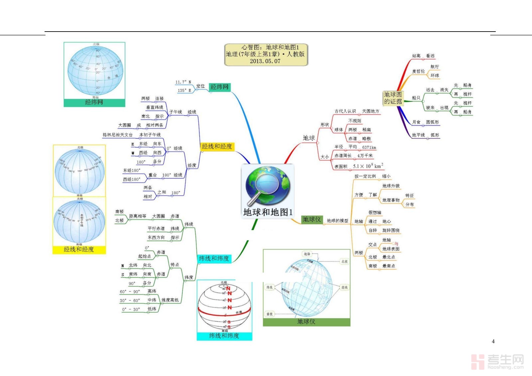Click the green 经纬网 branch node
(x=219, y=87)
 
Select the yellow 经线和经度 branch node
(x=217, y=147)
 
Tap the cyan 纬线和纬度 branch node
(x=214, y=259)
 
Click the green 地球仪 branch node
(x=312, y=219)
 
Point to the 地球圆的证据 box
(x=393, y=98)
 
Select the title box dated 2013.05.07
(x=266, y=54)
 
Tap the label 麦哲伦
(x=418, y=71)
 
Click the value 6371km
(x=369, y=147)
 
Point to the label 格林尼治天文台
(x=117, y=135)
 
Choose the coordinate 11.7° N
(x=183, y=82)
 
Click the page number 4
(x=493, y=341)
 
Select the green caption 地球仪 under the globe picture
(x=306, y=322)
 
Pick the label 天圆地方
(x=371, y=111)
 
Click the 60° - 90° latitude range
(x=130, y=292)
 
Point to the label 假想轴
(x=375, y=212)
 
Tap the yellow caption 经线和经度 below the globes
(x=79, y=249)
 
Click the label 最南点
(x=389, y=266)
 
